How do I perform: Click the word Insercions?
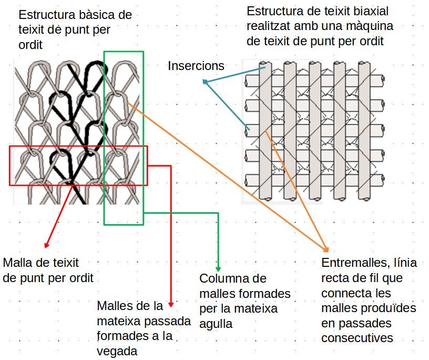196,66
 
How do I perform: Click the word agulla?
216,324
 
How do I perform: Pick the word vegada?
117,352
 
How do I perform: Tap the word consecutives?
357,338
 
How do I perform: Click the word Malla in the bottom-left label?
17,263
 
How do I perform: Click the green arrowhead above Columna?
218,269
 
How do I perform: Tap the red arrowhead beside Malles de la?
171,304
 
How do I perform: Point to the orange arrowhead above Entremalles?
326,249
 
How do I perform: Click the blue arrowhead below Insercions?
205,81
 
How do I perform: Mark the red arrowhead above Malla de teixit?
46,245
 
